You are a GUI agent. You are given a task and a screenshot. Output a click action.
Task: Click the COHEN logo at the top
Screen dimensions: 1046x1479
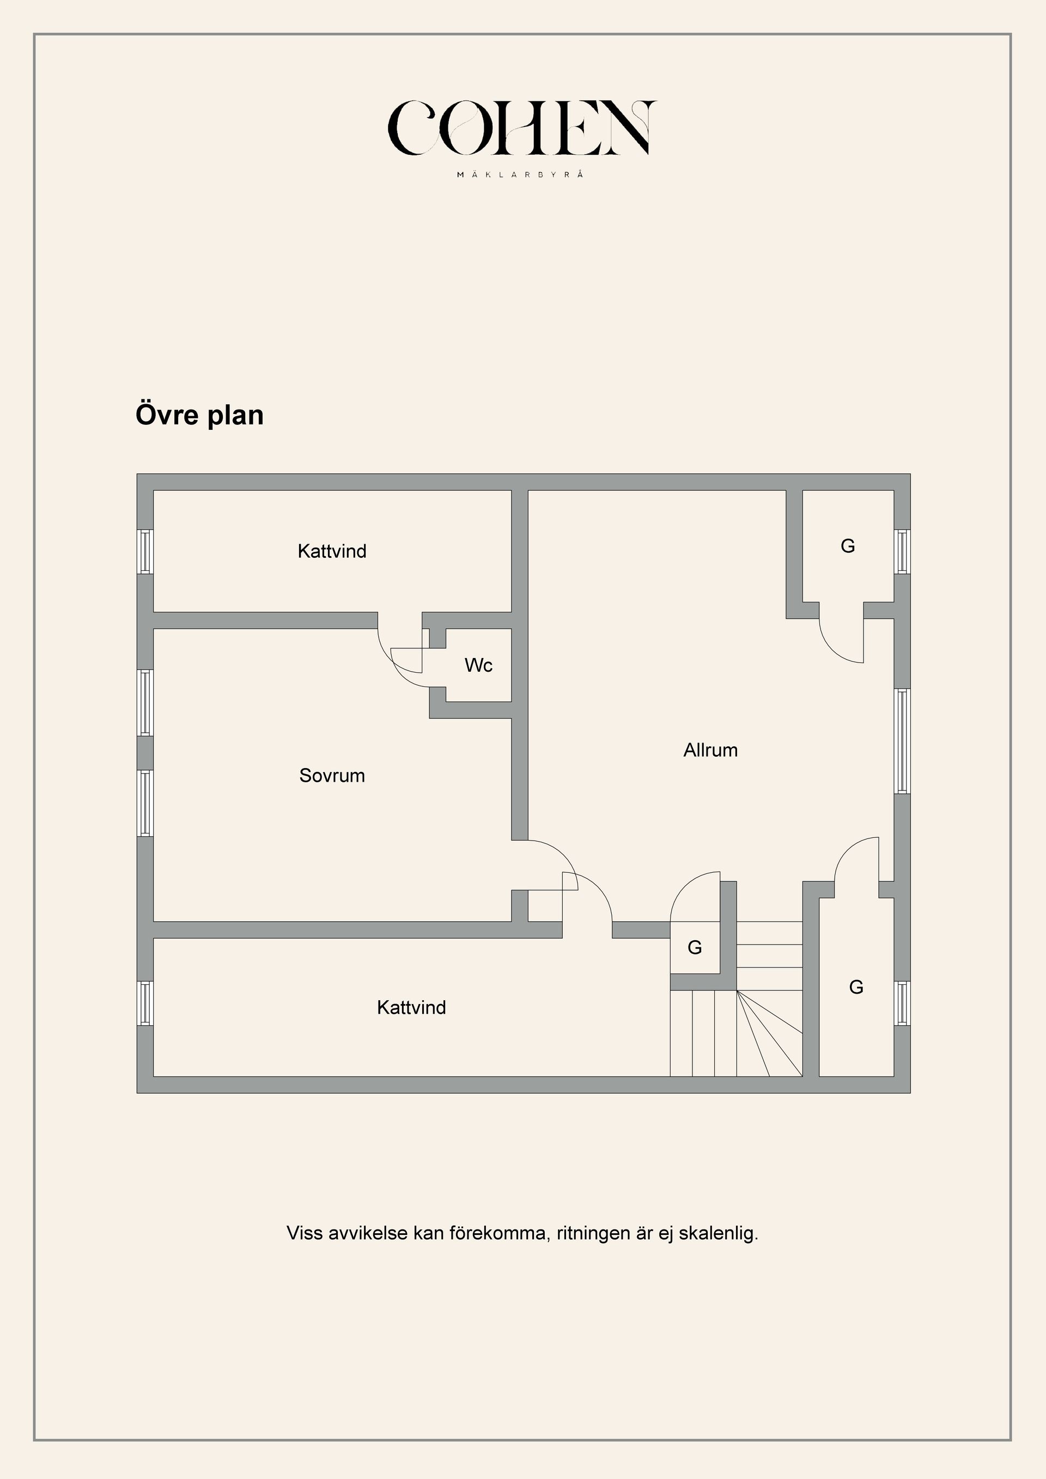pos(522,127)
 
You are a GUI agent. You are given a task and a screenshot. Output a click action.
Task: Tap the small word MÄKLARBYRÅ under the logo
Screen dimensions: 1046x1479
pos(520,174)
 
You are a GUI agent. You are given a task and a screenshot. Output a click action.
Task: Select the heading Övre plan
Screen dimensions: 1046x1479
pos(200,415)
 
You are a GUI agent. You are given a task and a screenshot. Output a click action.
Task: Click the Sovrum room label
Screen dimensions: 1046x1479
pos(332,775)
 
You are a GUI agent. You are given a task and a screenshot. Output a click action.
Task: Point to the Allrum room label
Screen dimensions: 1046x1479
pos(710,750)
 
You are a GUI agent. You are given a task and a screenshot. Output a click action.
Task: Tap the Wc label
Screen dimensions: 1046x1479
pos(478,665)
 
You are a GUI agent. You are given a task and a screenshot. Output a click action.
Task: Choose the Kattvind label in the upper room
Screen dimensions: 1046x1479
pos(332,551)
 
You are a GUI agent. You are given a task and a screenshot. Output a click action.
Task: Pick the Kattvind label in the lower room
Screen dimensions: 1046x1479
pos(411,1007)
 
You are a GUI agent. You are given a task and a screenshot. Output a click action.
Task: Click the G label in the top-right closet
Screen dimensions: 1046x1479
pos(848,546)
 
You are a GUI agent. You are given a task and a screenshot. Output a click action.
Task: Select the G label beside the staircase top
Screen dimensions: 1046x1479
pos(694,947)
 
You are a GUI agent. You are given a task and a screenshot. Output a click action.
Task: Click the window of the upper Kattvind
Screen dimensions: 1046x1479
pos(145,551)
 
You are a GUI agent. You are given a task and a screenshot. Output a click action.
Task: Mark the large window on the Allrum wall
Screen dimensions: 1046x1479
pos(902,741)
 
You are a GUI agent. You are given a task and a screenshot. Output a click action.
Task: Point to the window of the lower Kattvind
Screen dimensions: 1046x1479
pos(145,1003)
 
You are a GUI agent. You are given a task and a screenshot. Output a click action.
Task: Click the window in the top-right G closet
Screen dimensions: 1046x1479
pos(902,551)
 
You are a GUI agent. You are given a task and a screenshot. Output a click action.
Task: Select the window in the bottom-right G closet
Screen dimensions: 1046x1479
pos(902,1003)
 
